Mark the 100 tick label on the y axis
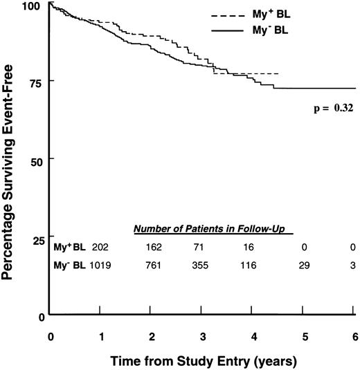tap(31, 5)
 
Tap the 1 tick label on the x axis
tap(100, 335)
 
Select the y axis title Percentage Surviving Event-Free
tap(10, 159)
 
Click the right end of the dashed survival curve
tap(278, 73)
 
